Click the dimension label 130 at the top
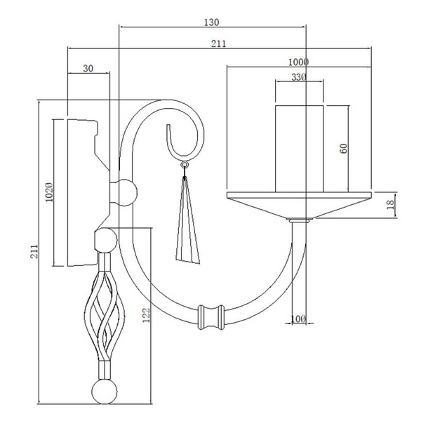pos(212,22)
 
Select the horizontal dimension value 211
pos(218,44)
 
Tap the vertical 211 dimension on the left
pos(34,251)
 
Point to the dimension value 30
pos(88,69)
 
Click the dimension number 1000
pos(298,62)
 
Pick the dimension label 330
pos(299,77)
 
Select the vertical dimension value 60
pos(343,149)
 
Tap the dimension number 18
pos(391,205)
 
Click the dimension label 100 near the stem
pos(298,319)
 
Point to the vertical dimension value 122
pos(146,315)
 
